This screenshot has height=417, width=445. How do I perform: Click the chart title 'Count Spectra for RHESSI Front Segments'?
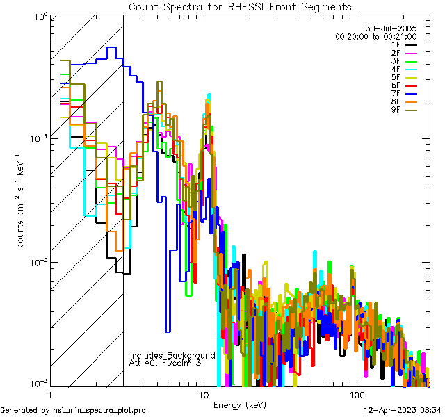coord(240,7)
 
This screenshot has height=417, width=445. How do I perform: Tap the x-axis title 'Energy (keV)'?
coord(239,404)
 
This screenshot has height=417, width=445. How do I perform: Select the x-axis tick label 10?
coord(203,395)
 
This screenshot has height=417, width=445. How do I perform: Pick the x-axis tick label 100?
coord(356,395)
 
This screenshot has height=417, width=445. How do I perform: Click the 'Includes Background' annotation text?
coord(172,355)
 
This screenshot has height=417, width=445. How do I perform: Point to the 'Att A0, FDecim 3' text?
coord(165,363)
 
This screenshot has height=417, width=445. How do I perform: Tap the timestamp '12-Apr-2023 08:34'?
coord(402,410)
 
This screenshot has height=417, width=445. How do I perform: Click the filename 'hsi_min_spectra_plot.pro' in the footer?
coord(99,410)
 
